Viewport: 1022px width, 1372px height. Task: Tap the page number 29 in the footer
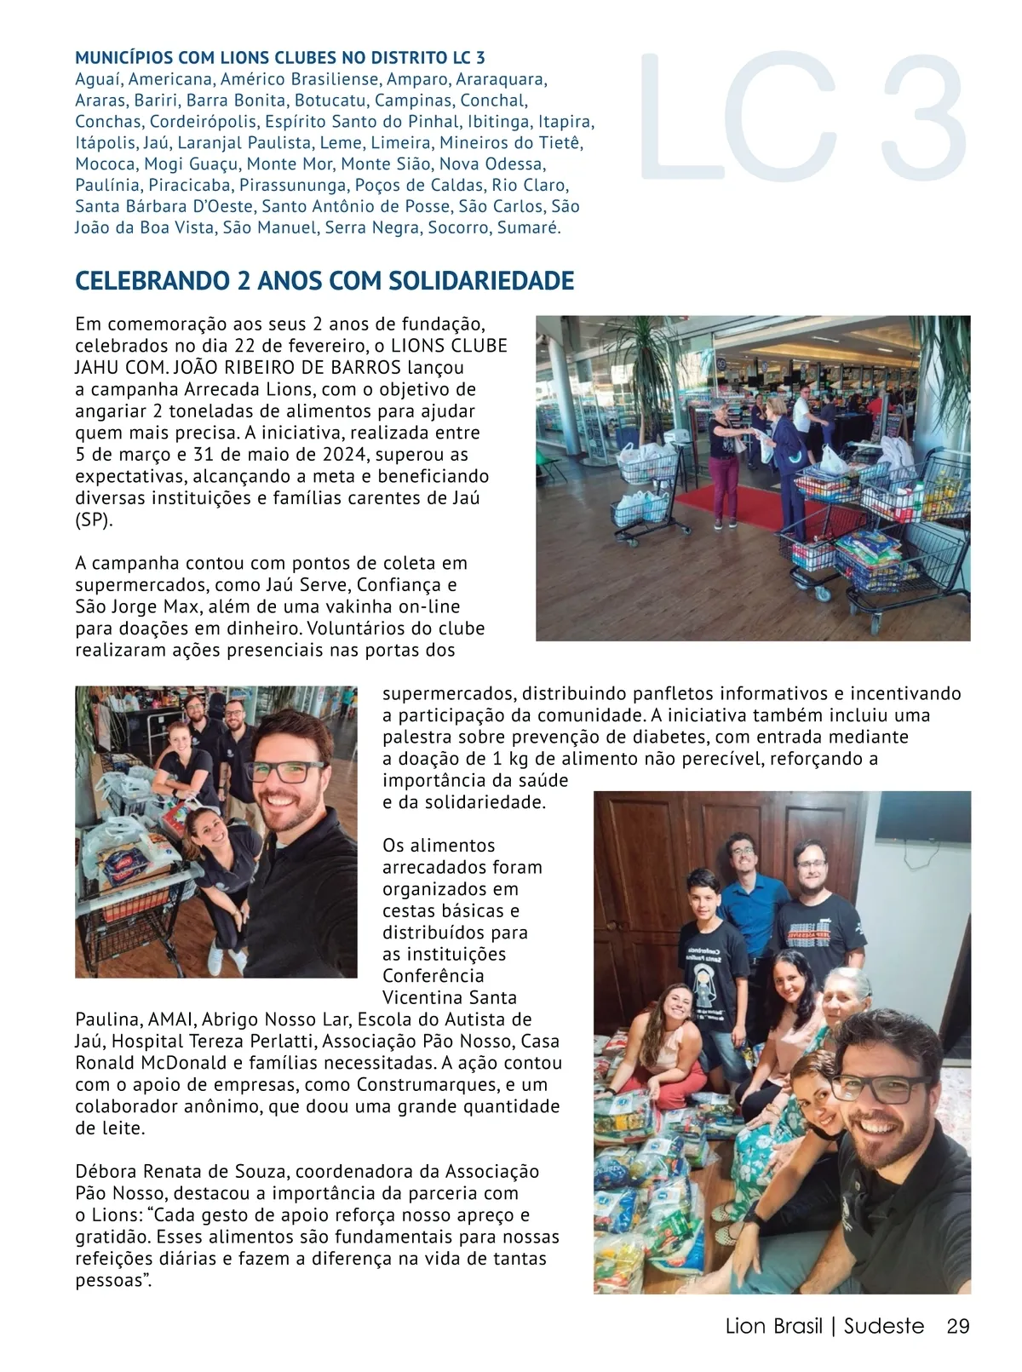pyautogui.click(x=958, y=1326)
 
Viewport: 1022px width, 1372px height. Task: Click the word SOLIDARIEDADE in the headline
pyautogui.click(x=481, y=281)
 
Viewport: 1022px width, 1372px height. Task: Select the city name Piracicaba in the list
pyautogui.click(x=189, y=185)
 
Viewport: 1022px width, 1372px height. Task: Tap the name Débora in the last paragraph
pyautogui.click(x=105, y=1172)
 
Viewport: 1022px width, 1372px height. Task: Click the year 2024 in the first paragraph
pyautogui.click(x=347, y=455)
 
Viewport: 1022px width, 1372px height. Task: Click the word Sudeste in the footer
pyautogui.click(x=883, y=1326)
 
